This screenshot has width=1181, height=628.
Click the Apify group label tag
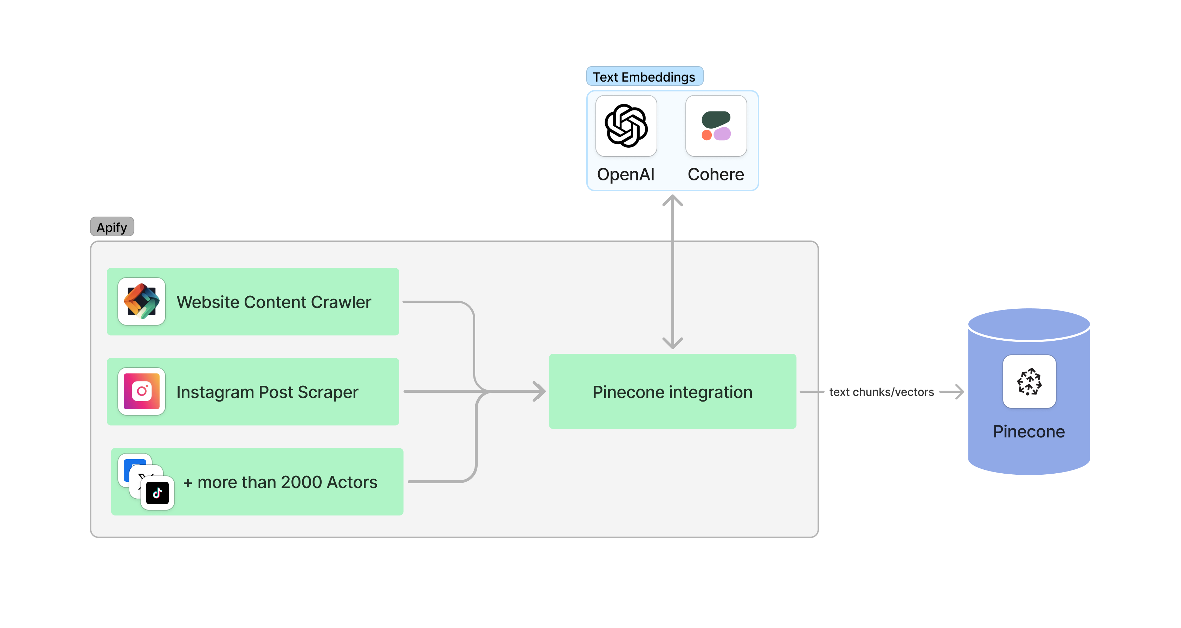[x=112, y=227]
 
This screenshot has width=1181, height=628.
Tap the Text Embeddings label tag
[x=644, y=77]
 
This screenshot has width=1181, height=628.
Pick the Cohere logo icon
[x=716, y=126]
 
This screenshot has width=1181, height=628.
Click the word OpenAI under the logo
[x=625, y=174]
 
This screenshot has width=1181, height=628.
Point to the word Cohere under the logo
[x=716, y=174]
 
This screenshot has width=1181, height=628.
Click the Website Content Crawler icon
[x=142, y=301]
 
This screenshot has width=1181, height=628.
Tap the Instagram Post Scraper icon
[x=142, y=391]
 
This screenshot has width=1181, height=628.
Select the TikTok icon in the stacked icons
[x=157, y=493]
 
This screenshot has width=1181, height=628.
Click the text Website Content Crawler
[x=274, y=302]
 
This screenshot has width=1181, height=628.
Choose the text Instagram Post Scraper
[x=267, y=392]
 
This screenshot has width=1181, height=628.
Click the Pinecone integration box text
[x=672, y=392]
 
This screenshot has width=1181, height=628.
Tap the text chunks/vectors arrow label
[x=881, y=392]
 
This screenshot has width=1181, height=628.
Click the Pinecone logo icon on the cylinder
[x=1029, y=381]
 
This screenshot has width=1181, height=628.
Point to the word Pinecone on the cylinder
[x=1029, y=432]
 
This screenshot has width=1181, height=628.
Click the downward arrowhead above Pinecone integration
[x=672, y=343]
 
